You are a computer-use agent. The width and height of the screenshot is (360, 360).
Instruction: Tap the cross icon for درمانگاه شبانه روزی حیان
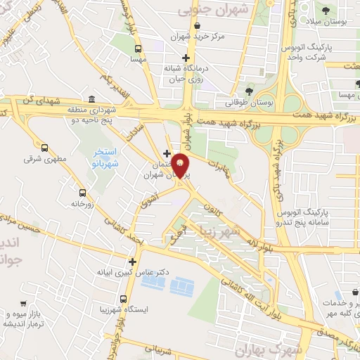186,58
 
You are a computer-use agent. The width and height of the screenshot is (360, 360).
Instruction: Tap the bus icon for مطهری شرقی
45,148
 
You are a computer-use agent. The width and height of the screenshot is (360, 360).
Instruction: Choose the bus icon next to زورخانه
83,193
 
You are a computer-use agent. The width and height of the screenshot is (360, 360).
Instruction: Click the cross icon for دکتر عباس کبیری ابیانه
131,262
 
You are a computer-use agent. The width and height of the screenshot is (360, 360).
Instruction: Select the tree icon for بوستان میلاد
326,11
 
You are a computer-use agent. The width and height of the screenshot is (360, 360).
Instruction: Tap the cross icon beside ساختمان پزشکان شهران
167,153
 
